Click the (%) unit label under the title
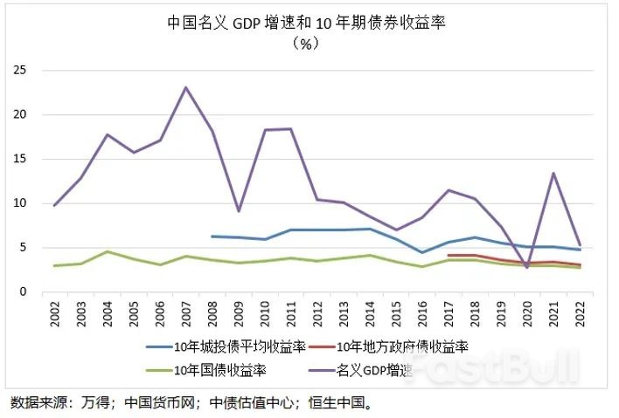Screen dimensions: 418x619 [307, 45]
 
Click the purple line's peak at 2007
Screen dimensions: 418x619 [185, 87]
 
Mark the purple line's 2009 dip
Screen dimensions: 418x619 [239, 211]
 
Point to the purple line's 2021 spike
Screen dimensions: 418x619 [553, 173]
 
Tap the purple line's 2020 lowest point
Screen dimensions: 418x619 [526, 267]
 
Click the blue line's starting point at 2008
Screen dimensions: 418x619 [212, 236]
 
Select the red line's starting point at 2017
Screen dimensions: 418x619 [449, 256]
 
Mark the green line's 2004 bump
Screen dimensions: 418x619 [107, 251]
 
